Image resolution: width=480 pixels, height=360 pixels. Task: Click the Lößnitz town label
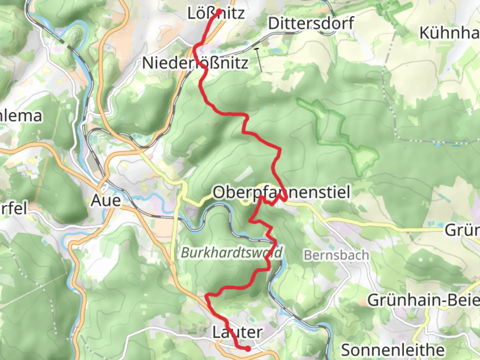point(216,14)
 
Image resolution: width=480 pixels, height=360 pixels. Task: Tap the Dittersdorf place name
point(311,24)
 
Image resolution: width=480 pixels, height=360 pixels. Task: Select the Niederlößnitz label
point(195,63)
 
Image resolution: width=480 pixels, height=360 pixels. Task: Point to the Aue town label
point(106,201)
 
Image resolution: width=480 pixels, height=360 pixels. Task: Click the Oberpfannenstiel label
point(281,193)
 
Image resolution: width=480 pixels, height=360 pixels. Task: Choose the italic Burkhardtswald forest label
point(232,253)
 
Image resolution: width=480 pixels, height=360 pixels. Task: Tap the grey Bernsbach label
point(336,255)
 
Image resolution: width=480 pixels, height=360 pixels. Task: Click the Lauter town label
point(237,332)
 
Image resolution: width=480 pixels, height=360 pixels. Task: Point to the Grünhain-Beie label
point(423,300)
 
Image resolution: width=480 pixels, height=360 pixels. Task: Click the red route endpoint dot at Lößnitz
point(219,11)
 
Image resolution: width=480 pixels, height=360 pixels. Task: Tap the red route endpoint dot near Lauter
point(248,349)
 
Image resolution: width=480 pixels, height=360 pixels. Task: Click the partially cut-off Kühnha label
point(449,33)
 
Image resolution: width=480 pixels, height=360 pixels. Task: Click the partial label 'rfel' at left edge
point(13,208)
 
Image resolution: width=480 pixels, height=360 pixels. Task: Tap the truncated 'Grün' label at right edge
point(462,230)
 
